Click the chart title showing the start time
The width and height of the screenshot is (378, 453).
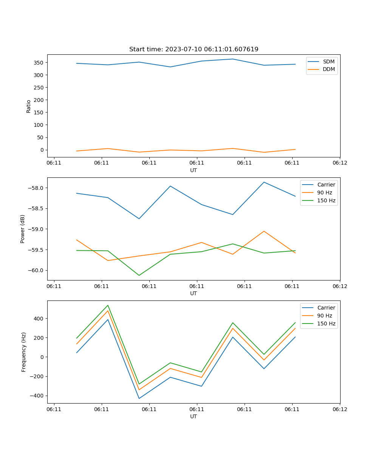(x=194, y=49)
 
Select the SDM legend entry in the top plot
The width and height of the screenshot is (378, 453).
(x=328, y=62)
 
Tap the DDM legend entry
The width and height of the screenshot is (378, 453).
(x=328, y=69)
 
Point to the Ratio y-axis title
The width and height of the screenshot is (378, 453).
(x=29, y=106)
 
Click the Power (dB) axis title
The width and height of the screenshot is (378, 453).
(x=23, y=229)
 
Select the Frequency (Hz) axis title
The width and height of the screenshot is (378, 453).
(x=24, y=352)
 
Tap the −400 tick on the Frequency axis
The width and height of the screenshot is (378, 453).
(x=36, y=396)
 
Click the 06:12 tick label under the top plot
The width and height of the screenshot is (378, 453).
(x=339, y=163)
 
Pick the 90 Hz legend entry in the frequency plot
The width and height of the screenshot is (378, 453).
(x=324, y=316)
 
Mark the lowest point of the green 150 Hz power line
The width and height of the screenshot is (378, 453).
(x=139, y=275)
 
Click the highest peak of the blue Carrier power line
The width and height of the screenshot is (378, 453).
(x=264, y=182)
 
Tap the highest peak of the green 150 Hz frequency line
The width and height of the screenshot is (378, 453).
(x=108, y=305)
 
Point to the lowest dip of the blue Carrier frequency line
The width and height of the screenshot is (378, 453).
(x=139, y=398)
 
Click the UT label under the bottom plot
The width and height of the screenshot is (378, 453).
(x=194, y=416)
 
